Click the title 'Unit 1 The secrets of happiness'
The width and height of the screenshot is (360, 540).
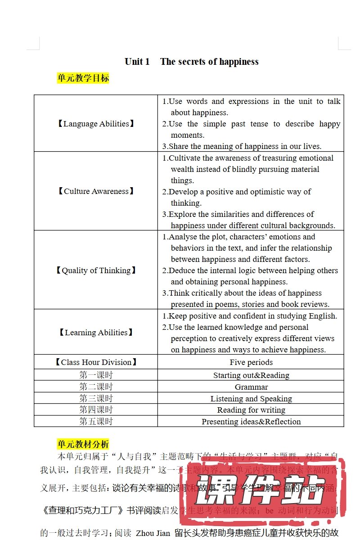191,62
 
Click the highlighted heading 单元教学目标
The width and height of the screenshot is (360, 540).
83,78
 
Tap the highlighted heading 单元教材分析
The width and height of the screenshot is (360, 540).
83,444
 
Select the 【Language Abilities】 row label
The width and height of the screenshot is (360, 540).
96,124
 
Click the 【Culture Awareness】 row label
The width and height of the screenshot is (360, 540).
96,191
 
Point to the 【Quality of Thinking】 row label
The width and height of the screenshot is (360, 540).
96,270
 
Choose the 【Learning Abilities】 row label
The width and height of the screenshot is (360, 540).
96,333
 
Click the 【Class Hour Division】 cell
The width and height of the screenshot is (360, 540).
96,362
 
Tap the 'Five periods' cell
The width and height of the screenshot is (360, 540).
251,362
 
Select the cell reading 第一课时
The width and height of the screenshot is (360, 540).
96,375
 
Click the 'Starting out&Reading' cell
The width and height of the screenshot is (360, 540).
251,375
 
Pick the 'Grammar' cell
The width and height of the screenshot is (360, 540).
251,387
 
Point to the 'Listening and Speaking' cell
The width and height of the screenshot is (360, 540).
251,399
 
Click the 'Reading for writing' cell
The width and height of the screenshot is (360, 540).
251,410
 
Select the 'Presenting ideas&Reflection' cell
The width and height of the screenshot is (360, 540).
251,422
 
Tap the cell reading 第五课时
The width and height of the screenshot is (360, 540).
96,422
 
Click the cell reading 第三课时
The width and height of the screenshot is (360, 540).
96,399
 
